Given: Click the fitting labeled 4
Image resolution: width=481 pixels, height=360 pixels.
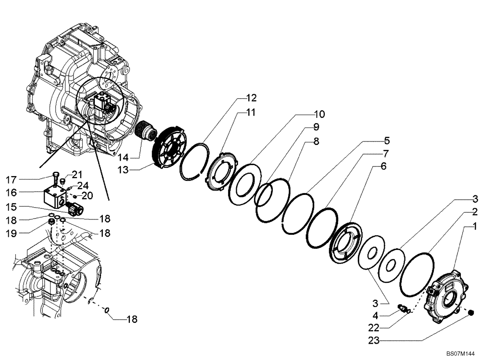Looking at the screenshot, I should point(403,307).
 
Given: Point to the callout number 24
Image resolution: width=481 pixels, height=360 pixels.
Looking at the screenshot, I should point(83,184).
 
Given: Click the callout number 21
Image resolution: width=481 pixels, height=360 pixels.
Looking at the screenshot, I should point(78,174).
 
